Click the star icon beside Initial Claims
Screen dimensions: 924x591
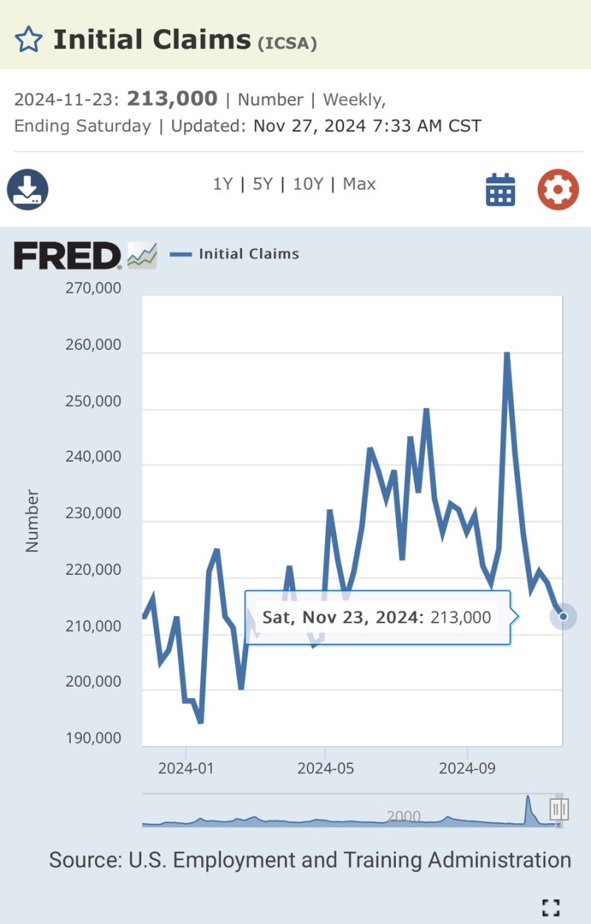click(x=29, y=38)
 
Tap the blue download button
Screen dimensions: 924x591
click(x=27, y=190)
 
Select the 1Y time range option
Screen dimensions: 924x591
click(x=223, y=184)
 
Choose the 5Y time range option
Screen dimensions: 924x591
click(x=263, y=184)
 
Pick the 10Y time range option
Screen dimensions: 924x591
click(x=308, y=184)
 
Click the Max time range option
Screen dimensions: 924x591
click(x=359, y=184)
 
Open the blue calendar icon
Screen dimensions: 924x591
click(x=500, y=190)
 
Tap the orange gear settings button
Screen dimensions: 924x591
click(x=558, y=190)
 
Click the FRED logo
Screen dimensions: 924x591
click(x=67, y=256)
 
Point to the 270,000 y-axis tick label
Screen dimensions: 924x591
click(x=94, y=288)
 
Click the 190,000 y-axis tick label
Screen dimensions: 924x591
click(x=94, y=738)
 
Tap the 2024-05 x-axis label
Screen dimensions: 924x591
click(x=326, y=768)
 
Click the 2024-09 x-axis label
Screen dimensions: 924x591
click(x=467, y=768)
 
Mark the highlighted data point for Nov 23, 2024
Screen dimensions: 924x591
click(x=563, y=616)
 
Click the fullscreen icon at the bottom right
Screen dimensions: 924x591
click(x=550, y=907)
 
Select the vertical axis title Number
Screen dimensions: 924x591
click(x=32, y=521)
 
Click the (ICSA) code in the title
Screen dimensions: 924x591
click(x=287, y=43)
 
